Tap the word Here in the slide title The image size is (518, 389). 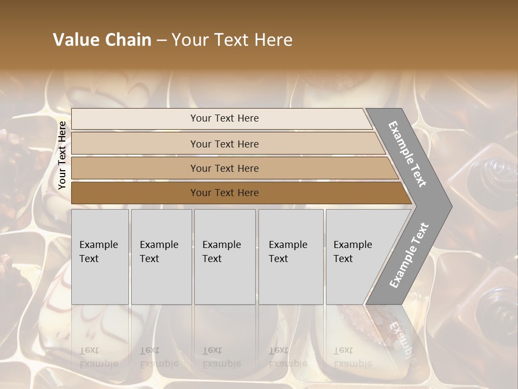click(272, 40)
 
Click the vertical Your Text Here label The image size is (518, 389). click(62, 155)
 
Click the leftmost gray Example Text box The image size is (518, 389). click(100, 257)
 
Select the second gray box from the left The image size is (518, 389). click(161, 257)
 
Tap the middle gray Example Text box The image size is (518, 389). click(224, 257)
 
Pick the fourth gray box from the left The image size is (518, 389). click(291, 257)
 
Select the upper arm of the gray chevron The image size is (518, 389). click(410, 154)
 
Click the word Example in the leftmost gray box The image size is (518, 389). click(98, 245)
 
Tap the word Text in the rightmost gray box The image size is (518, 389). click(343, 259)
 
